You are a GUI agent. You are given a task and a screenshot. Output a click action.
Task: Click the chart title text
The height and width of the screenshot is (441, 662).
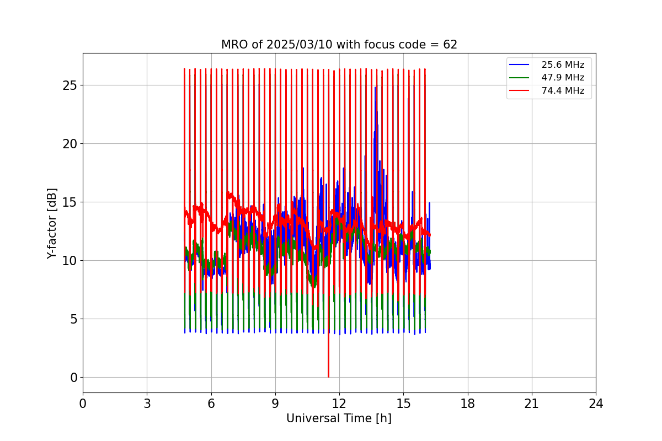(339, 45)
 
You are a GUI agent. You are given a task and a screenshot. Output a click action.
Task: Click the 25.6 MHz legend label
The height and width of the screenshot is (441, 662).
(563, 65)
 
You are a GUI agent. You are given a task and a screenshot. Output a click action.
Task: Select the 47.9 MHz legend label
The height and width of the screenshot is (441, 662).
(563, 78)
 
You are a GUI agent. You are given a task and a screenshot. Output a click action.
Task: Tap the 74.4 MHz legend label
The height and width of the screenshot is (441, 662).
(563, 90)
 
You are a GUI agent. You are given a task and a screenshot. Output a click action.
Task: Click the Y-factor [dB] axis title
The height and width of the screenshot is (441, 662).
(52, 223)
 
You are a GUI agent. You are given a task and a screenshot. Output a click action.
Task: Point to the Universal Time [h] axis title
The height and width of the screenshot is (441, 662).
(339, 418)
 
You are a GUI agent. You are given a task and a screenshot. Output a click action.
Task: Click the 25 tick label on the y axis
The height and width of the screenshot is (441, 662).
(70, 85)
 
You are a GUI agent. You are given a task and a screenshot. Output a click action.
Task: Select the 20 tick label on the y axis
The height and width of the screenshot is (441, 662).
(70, 144)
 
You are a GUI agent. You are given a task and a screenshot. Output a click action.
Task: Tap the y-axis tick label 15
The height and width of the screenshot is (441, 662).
(70, 202)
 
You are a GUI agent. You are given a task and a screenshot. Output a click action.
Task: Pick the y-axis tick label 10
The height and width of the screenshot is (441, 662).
(70, 261)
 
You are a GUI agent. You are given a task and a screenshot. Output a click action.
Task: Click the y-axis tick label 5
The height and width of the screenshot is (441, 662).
(73, 319)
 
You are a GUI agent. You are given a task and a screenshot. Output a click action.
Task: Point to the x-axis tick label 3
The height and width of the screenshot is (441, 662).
(147, 404)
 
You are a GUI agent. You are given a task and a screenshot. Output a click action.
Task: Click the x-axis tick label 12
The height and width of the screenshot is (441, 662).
(339, 404)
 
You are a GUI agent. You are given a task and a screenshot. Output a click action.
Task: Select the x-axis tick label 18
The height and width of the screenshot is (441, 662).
(467, 404)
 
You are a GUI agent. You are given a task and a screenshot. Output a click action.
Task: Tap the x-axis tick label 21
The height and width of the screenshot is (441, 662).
(532, 404)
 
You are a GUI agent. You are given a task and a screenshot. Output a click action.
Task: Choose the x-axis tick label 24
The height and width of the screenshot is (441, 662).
(596, 404)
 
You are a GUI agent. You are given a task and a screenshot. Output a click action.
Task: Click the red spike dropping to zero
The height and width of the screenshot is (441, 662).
(328, 364)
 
